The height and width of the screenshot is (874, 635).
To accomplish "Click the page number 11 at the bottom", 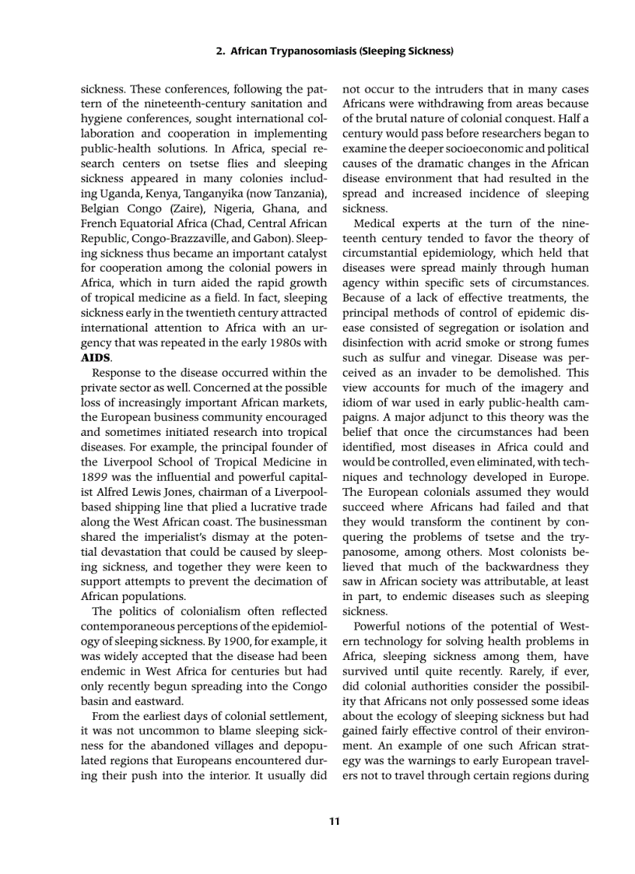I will tap(334, 820).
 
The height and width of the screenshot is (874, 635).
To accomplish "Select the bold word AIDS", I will tap(96, 358).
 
